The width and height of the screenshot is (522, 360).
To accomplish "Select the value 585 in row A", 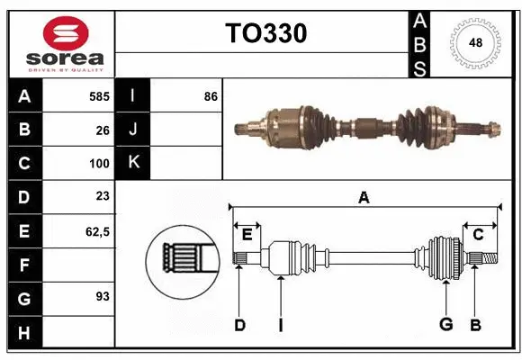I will click(x=99, y=95).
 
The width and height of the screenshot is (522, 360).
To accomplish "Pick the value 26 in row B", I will click(x=103, y=130).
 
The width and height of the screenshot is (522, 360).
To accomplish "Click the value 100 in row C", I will click(x=99, y=164).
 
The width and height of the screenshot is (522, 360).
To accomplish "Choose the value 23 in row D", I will click(x=103, y=197).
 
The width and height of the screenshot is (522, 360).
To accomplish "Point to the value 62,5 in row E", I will click(x=96, y=231).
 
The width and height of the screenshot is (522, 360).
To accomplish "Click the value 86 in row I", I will click(x=211, y=95).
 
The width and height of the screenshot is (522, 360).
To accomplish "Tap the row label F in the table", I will click(x=24, y=265).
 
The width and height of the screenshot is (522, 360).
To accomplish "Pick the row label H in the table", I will click(x=24, y=333).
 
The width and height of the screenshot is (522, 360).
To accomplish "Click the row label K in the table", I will click(x=133, y=163).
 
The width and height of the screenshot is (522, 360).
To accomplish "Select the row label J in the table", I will click(x=133, y=130).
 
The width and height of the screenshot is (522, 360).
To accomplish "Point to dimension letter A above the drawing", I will click(x=364, y=198).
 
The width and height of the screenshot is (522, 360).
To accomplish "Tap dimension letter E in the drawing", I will click(x=247, y=235).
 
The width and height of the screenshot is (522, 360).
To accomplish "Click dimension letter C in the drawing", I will click(x=478, y=235).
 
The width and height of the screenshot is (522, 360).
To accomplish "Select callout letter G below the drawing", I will click(x=445, y=324).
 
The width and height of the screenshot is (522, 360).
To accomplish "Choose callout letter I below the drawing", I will click(x=280, y=324).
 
